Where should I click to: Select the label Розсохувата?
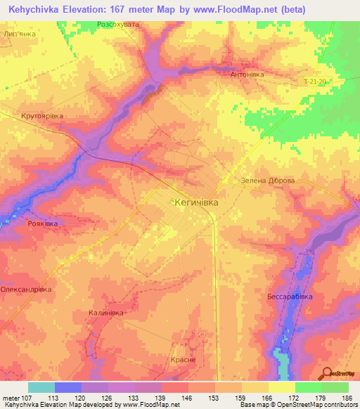coord(118,25)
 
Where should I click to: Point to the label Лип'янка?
coord(20,33)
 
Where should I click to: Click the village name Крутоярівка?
coord(42,115)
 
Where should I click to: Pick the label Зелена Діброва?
coord(268,181)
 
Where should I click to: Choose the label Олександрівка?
coord(26,289)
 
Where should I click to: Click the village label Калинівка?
coord(107,313)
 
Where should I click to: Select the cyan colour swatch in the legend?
coord(41,387)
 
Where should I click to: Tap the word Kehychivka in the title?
coord(38,9)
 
